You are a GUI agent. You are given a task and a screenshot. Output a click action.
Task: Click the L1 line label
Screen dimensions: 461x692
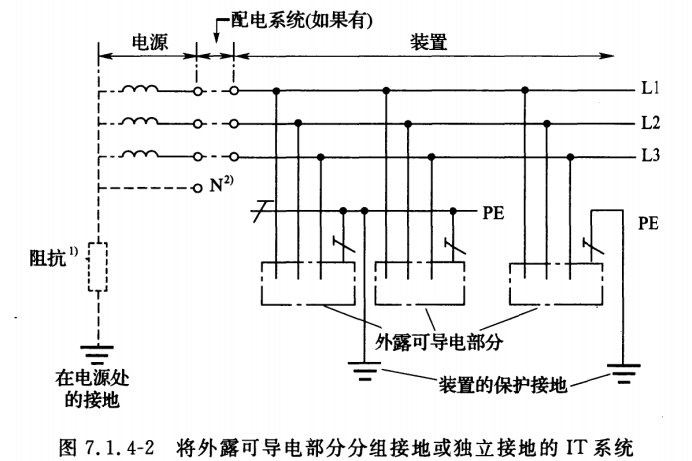[647, 90]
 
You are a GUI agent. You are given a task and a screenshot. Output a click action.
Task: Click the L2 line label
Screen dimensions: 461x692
[647, 124]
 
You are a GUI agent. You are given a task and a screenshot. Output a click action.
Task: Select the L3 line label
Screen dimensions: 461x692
[647, 157]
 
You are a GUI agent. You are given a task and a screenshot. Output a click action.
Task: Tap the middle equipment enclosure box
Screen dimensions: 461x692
[422, 284]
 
